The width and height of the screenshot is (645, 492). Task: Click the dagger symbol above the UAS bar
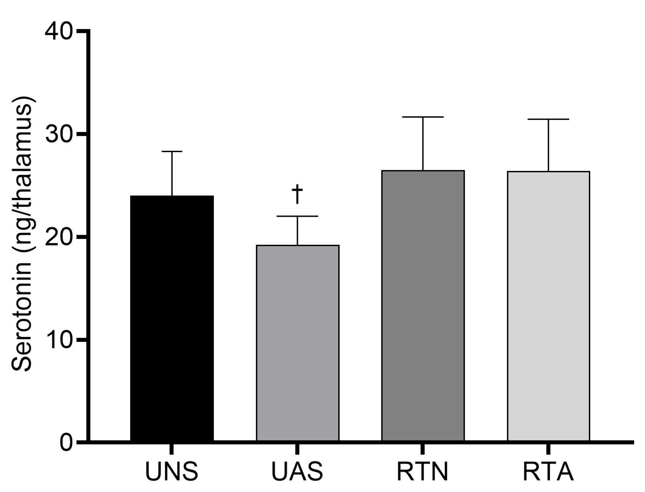(x=298, y=194)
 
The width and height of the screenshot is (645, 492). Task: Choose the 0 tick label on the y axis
(x=66, y=443)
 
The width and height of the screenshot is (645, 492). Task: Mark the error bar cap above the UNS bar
(x=172, y=151)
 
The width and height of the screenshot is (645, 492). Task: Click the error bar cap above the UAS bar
(x=298, y=216)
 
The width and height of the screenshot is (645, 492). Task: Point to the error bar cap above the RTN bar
(x=423, y=117)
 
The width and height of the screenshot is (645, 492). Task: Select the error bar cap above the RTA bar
(x=548, y=119)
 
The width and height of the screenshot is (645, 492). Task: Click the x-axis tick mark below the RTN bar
(x=423, y=449)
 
